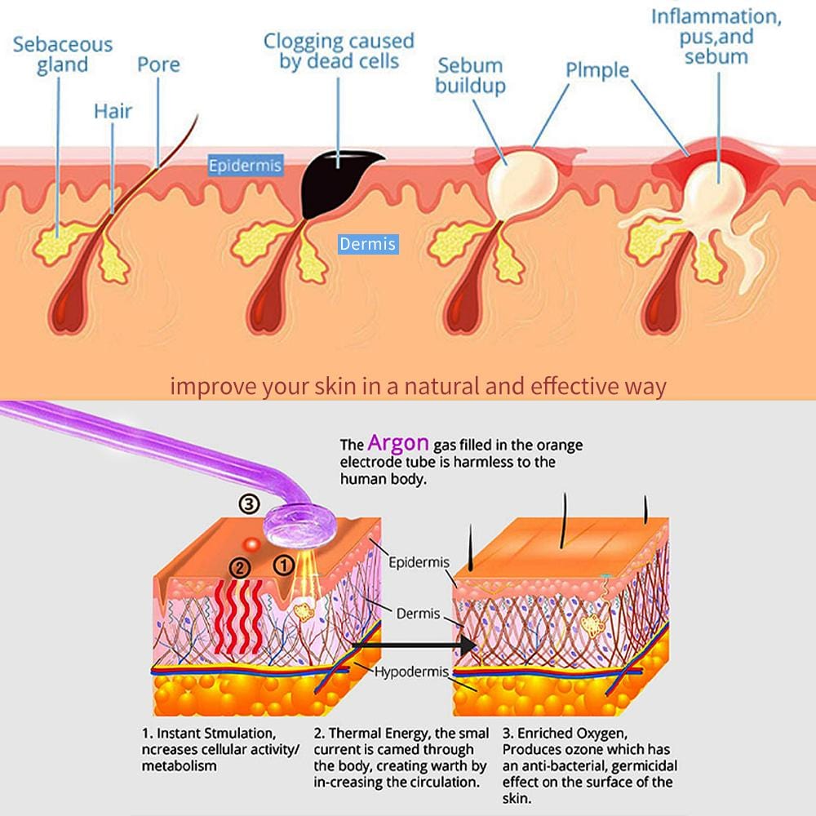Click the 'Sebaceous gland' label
62,54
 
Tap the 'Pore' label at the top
158,64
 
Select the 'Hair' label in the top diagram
113,110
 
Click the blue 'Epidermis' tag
245,166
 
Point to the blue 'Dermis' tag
368,243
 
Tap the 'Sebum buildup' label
470,74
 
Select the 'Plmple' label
598,69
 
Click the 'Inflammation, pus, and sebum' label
716,37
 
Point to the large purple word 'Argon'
397,443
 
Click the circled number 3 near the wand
249,503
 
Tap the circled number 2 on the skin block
239,567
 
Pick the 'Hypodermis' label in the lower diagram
411,672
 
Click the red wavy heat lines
239,616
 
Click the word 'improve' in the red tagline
204,386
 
